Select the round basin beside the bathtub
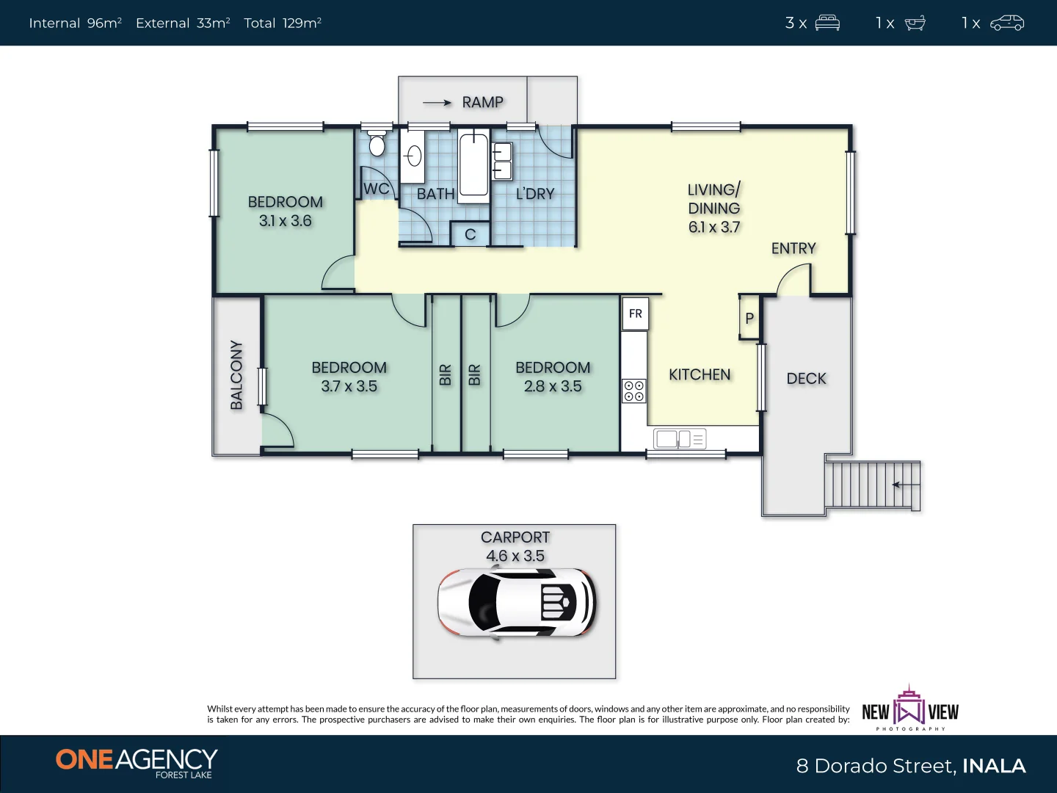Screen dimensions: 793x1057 pyautogui.click(x=413, y=156)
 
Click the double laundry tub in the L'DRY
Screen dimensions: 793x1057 pyautogui.click(x=502, y=162)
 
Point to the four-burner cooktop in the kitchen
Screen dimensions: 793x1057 pyautogui.click(x=634, y=391)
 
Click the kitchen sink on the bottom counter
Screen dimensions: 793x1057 pyautogui.click(x=679, y=439)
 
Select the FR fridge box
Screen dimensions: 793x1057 pyautogui.click(x=635, y=314)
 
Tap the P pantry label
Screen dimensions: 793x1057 pyautogui.click(x=749, y=318)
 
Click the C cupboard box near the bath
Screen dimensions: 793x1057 pyautogui.click(x=471, y=234)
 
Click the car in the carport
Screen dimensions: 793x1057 pyautogui.click(x=517, y=603)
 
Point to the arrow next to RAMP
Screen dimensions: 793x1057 pyautogui.click(x=437, y=103)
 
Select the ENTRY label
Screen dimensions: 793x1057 pyautogui.click(x=793, y=248)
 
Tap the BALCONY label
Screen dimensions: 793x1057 pyautogui.click(x=236, y=374)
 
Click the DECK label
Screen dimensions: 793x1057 pyautogui.click(x=806, y=378)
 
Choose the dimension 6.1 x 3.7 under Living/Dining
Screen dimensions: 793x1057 pyautogui.click(x=714, y=228)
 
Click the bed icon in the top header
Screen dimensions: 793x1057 pyautogui.click(x=827, y=23)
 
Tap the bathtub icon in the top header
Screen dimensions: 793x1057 pyautogui.click(x=915, y=23)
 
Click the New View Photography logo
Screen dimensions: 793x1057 pyautogui.click(x=909, y=709)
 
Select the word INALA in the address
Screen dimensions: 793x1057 pyautogui.click(x=994, y=766)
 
